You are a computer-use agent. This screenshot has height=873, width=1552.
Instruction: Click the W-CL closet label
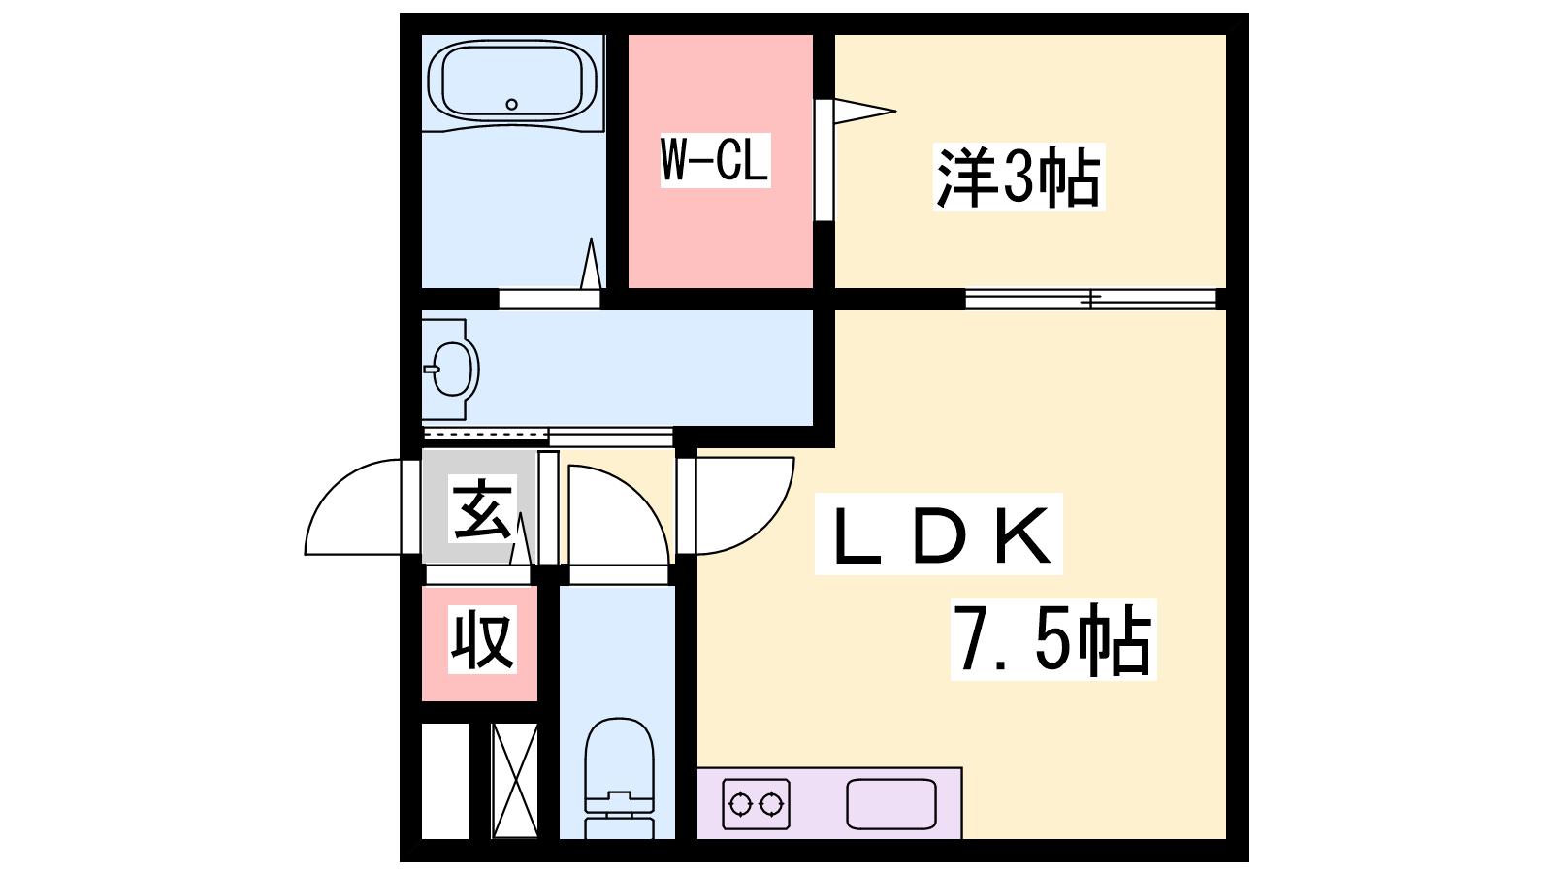tap(715, 160)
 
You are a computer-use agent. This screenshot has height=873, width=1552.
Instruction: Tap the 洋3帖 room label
tap(1018, 177)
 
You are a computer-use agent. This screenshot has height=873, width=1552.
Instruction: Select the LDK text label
tap(939, 533)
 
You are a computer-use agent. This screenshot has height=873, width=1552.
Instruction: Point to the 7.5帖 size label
tap(1053, 639)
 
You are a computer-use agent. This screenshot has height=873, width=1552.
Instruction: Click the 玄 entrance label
tap(483, 511)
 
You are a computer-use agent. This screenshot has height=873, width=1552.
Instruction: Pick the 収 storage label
tap(482, 639)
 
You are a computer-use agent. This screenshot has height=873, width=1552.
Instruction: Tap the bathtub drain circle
tap(512, 105)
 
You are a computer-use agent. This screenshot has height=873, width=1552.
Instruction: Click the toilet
tap(620, 777)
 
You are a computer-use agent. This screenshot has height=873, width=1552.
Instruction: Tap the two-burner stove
tap(756, 804)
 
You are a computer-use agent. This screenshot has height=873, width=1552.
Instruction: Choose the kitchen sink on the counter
tap(891, 804)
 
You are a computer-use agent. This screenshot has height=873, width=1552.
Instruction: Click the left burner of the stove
tap(740, 804)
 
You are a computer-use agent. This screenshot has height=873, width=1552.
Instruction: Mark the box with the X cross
tap(515, 781)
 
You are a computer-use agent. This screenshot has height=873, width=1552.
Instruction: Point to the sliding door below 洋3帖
tap(1090, 300)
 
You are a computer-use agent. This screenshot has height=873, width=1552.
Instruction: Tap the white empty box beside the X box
tap(445, 781)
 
